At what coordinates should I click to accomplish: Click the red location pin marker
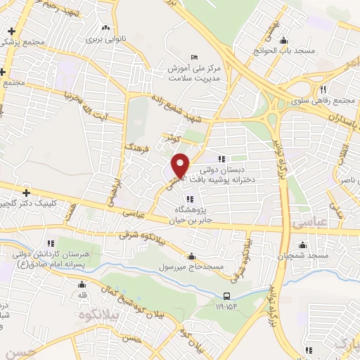181,165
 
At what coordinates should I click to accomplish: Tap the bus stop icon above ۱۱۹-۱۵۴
226,297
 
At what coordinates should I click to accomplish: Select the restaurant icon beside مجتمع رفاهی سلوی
322,89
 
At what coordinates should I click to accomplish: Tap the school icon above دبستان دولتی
221,159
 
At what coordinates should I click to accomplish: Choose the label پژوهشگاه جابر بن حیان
188,214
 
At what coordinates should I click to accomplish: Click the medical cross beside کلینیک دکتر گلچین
26,192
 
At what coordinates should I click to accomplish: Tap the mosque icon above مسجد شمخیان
303,245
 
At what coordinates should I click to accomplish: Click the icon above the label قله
82,285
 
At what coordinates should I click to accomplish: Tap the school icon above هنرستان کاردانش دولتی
48,243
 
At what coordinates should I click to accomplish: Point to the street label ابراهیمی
112,187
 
